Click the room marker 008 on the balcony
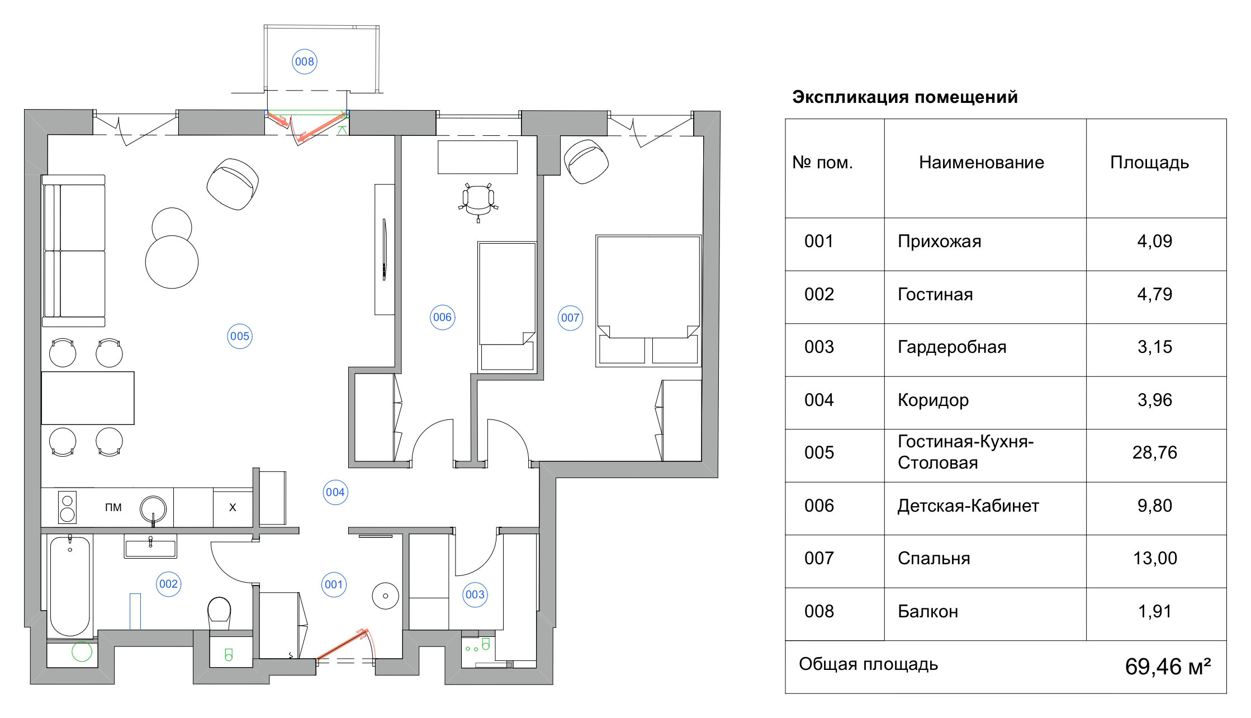click(x=305, y=62)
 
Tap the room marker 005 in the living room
click(x=240, y=336)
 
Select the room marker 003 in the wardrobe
click(x=475, y=594)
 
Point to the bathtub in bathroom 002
click(x=70, y=586)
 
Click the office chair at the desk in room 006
click(x=478, y=200)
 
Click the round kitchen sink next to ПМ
click(x=153, y=508)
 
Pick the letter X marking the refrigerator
click(x=233, y=508)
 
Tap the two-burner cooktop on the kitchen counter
click(x=68, y=508)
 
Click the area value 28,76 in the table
click(x=1154, y=452)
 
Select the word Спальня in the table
click(x=933, y=559)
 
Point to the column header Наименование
click(x=981, y=163)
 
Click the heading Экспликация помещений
click(x=904, y=97)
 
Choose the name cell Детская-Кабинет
click(x=968, y=506)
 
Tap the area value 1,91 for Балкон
click(x=1154, y=611)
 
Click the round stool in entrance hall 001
click(x=385, y=596)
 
